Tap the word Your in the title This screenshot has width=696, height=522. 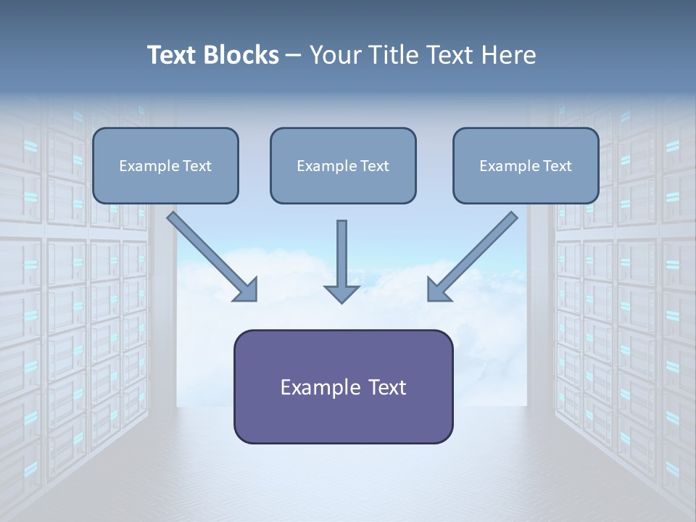336,55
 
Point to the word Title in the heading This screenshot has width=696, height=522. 394,55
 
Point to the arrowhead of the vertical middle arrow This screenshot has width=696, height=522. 341,294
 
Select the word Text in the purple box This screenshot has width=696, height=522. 386,388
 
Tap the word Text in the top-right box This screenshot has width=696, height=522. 557,166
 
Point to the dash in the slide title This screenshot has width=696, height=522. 294,55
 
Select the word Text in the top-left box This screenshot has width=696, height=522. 196,166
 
